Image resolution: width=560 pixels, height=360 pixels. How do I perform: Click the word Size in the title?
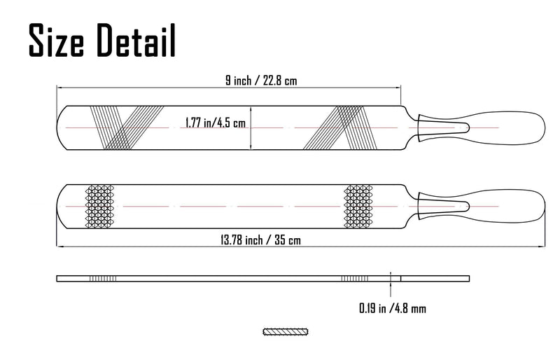tap(56, 40)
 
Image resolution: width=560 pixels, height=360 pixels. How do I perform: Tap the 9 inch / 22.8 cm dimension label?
tap(261, 81)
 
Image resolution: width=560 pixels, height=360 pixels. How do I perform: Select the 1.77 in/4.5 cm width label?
tap(216, 123)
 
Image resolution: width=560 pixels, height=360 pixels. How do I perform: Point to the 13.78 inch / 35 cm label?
tap(260, 240)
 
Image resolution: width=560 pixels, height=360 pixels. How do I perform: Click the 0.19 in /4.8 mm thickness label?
tap(393, 308)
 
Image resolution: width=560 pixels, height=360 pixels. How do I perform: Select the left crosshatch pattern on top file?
tap(127, 127)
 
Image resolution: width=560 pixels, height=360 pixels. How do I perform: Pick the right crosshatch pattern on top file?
tap(340, 127)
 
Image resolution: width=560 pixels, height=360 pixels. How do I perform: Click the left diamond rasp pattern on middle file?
tap(99, 207)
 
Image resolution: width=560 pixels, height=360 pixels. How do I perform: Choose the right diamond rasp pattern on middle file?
tap(358, 207)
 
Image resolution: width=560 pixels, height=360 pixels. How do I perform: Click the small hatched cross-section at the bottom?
tap(286, 332)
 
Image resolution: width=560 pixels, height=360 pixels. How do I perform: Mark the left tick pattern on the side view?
tap(102, 279)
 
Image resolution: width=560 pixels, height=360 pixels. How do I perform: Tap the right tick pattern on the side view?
tap(355, 279)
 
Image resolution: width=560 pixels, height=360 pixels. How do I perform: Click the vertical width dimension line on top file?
tap(251, 127)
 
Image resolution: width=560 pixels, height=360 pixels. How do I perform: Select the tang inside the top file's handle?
tap(444, 128)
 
